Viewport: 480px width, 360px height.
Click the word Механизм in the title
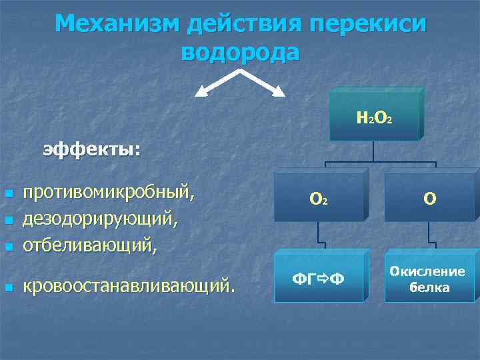(x=117, y=24)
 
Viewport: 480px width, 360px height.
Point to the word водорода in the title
(x=240, y=52)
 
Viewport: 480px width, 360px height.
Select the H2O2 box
(x=374, y=118)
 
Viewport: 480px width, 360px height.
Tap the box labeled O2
(x=318, y=198)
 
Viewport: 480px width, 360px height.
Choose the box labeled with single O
(x=430, y=198)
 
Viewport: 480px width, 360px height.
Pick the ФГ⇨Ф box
(x=319, y=277)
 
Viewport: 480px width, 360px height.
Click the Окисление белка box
(x=428, y=279)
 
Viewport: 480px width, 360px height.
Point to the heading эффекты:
(x=92, y=149)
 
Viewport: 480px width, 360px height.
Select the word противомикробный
(x=110, y=193)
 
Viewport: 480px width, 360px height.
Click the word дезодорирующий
(x=100, y=219)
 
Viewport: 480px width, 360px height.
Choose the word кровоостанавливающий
(x=129, y=287)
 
